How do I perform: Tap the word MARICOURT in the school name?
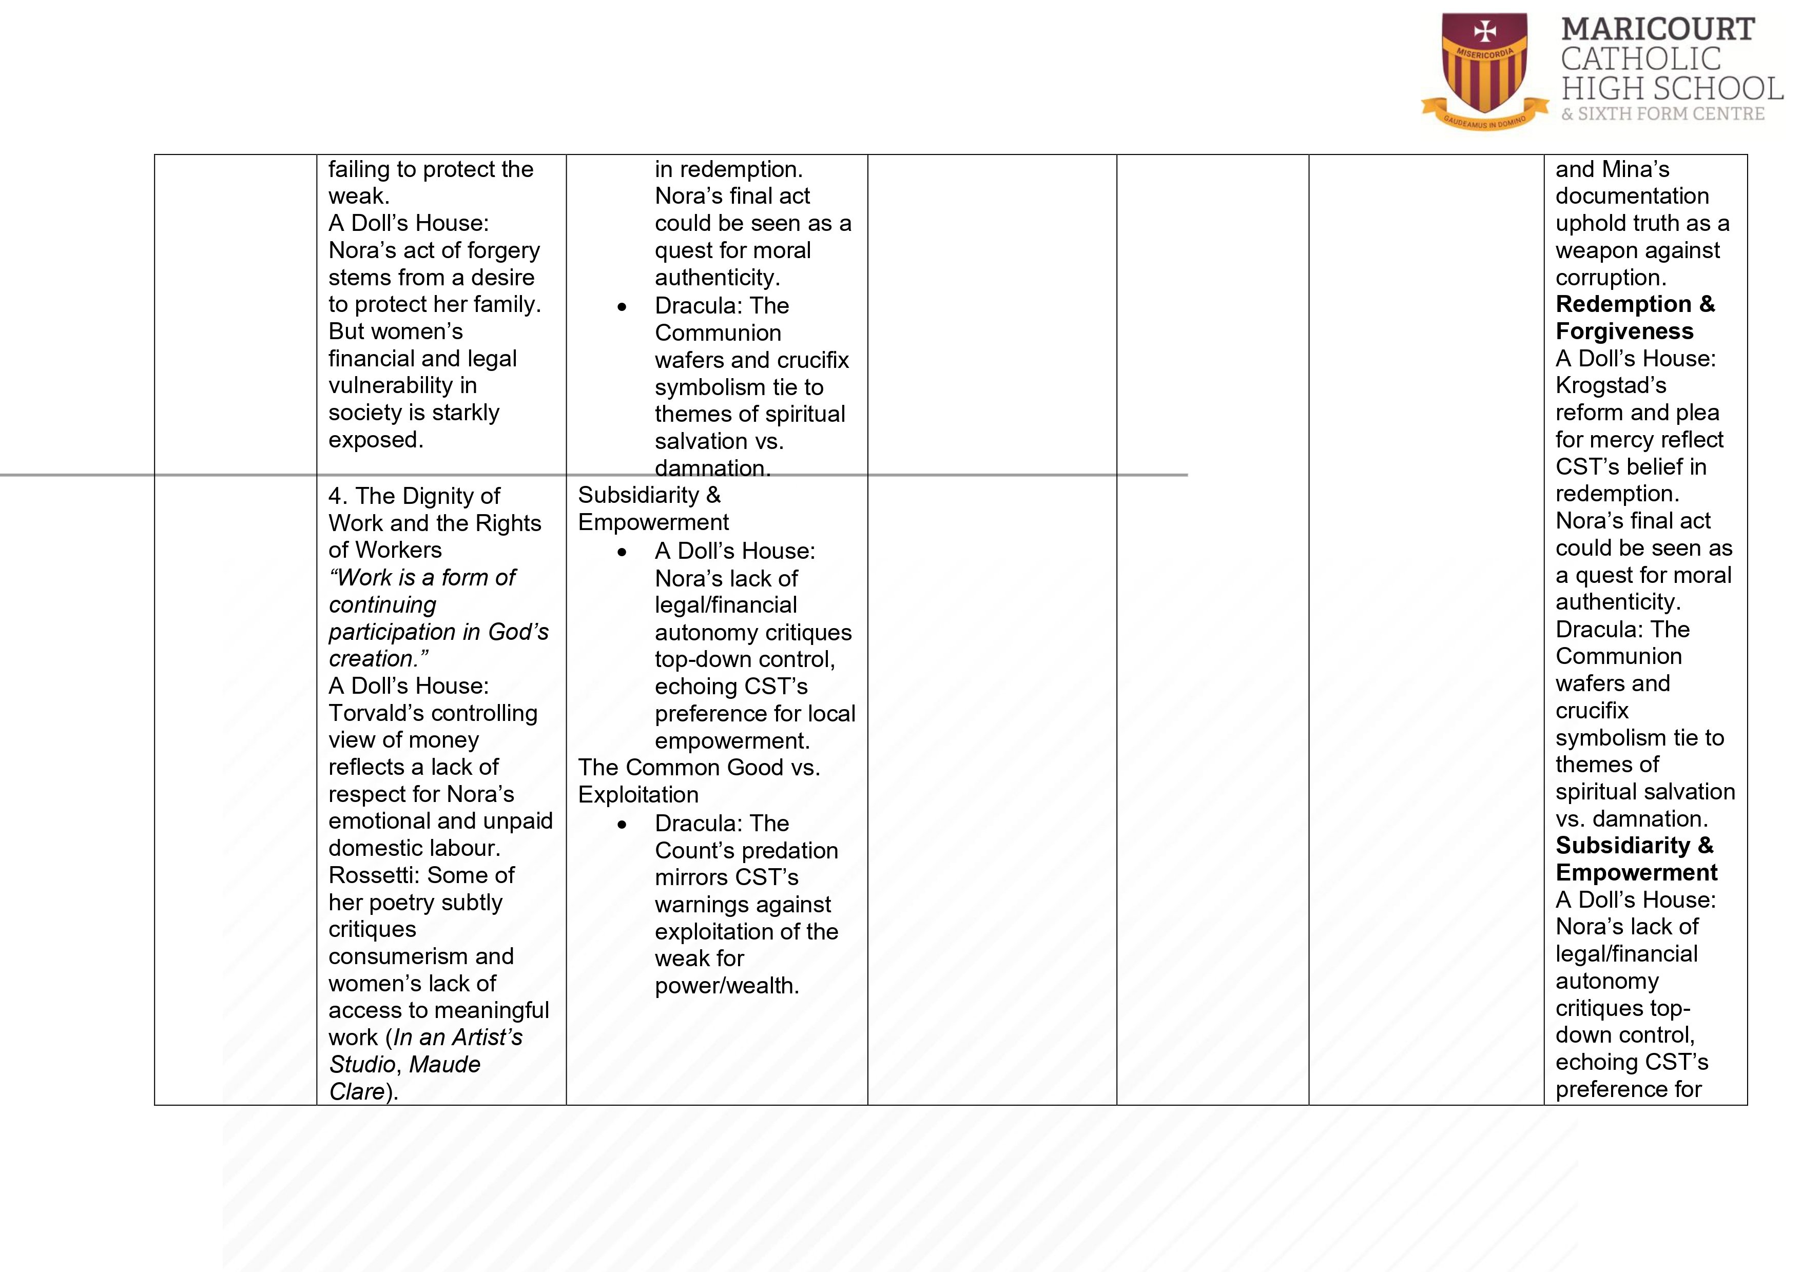1657,30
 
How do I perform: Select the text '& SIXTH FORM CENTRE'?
1662,114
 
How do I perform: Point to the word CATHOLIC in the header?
1640,59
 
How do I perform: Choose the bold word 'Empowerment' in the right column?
1636,873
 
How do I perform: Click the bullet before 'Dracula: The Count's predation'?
622,824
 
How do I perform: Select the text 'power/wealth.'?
726,986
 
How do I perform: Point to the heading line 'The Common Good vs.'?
699,768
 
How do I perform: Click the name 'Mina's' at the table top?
1636,169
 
